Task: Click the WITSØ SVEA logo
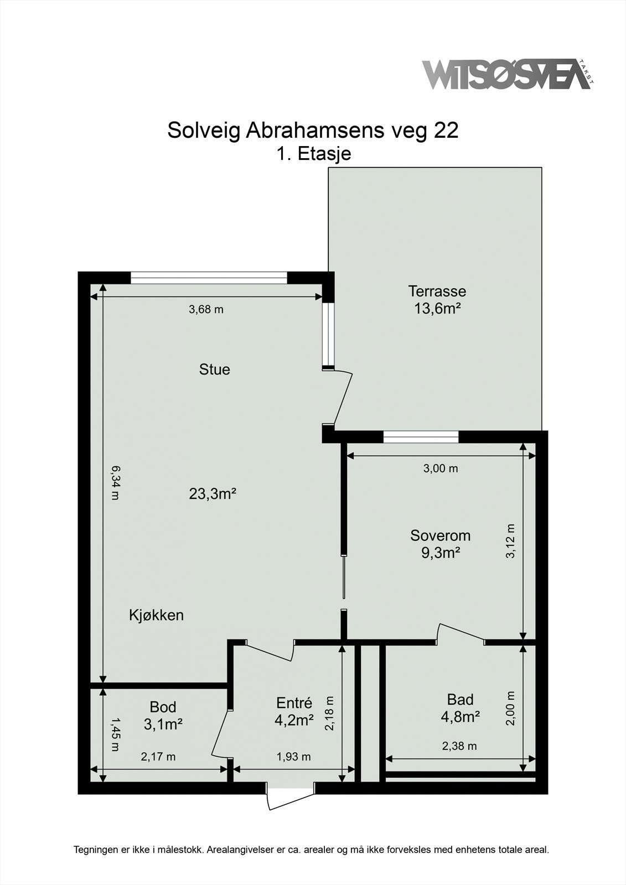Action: click(509, 75)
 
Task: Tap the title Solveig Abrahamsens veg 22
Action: click(313, 131)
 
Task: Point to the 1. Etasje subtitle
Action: click(314, 154)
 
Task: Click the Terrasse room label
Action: click(437, 291)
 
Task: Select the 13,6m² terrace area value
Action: click(437, 308)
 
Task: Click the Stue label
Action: click(214, 369)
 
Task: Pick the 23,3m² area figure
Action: click(213, 493)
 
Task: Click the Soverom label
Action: click(440, 535)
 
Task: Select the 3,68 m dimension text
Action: click(206, 309)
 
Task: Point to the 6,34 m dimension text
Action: click(115, 483)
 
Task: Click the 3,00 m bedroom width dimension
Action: click(441, 468)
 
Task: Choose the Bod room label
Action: click(163, 707)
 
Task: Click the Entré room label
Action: click(294, 703)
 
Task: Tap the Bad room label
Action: click(461, 700)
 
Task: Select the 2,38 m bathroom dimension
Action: click(459, 746)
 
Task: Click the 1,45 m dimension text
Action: click(115, 735)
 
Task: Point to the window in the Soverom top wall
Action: click(421, 437)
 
